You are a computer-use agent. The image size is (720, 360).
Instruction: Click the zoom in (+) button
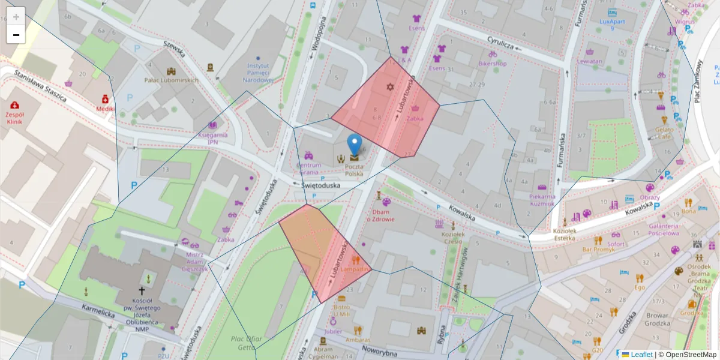click(16, 16)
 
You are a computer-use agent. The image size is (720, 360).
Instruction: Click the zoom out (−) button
click(16, 35)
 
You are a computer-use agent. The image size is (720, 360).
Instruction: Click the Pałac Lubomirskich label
click(171, 80)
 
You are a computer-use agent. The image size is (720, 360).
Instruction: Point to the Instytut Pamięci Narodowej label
click(260, 73)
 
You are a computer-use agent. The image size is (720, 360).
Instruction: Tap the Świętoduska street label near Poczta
click(320, 185)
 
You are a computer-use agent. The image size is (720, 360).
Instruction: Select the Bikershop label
click(493, 63)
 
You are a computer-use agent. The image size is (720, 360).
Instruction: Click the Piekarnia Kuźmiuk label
click(542, 200)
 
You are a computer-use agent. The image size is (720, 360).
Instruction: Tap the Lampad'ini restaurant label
click(356, 269)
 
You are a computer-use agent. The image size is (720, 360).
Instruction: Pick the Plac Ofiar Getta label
click(247, 343)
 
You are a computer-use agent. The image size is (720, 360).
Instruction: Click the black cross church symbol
click(142, 289)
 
